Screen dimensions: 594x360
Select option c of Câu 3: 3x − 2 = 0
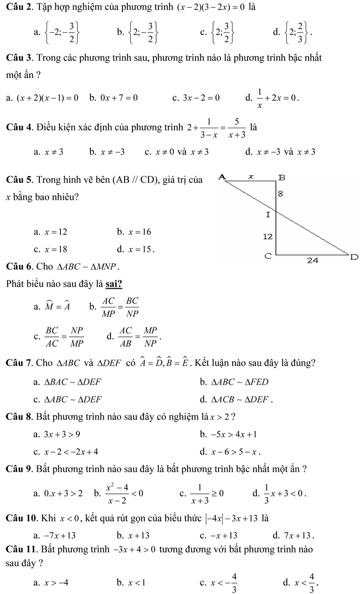pyautogui.click(x=201, y=99)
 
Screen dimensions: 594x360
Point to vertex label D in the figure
pyautogui.click(x=354, y=257)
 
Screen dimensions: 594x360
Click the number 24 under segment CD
pyautogui.click(x=313, y=260)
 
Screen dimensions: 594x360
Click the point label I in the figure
pyautogui.click(x=268, y=214)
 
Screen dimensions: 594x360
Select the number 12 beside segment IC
pyautogui.click(x=268, y=236)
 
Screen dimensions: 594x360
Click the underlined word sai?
pyautogui.click(x=111, y=285)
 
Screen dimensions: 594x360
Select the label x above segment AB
pyautogui.click(x=250, y=175)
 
